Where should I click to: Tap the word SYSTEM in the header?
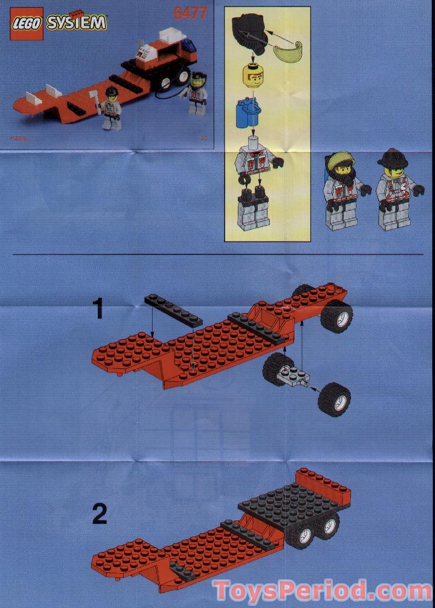coord(76,23)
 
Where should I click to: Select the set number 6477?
coord(190,13)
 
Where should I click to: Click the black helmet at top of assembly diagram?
coord(249,31)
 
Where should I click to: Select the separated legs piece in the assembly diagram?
coord(253,209)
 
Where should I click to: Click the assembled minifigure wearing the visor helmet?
coord(342,189)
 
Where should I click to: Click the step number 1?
coord(98,309)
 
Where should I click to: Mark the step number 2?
coord(99,514)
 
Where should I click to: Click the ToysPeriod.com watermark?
coord(323,590)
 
